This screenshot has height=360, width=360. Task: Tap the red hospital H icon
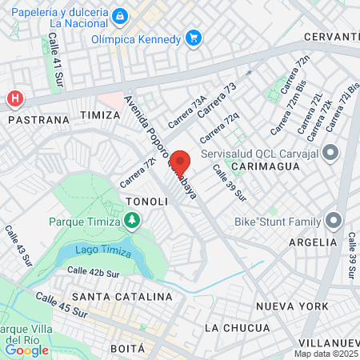[14, 98]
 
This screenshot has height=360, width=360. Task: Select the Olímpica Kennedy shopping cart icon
[193, 38]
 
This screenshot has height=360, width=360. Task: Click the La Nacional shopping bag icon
[119, 15]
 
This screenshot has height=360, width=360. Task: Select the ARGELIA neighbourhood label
[314, 242]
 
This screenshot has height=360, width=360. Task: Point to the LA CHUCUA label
[237, 328]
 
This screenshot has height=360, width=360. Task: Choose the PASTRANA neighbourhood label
[36, 118]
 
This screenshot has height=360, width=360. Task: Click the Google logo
[26, 350]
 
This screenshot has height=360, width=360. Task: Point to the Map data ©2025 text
[326, 354]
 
